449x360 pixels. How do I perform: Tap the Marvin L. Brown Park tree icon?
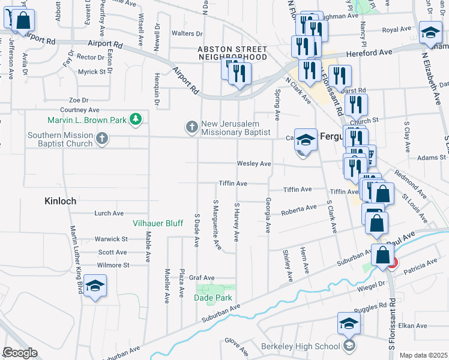click(x=137, y=119)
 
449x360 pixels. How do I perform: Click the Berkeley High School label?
click(x=301, y=346)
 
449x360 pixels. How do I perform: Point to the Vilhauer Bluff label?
click(x=157, y=223)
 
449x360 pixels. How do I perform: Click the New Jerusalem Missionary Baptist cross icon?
click(x=191, y=127)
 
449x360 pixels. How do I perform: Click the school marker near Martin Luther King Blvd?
click(x=95, y=286)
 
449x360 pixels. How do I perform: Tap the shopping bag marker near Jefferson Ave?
click(x=22, y=20)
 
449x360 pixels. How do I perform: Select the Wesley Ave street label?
click(x=254, y=163)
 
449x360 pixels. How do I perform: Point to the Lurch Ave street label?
click(x=109, y=213)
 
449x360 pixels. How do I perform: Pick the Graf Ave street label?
click(x=202, y=278)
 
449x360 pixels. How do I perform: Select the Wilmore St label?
click(x=113, y=265)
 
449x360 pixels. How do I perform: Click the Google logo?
click(x=20, y=353)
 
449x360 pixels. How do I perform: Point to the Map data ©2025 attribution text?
click(x=423, y=355)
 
